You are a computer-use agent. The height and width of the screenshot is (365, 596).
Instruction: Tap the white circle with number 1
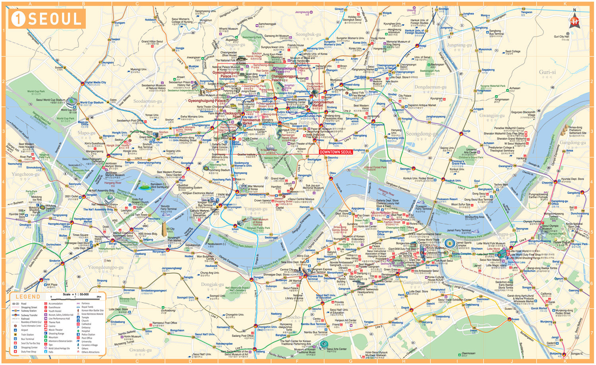18,19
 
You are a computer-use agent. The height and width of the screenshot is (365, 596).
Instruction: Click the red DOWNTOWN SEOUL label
336,152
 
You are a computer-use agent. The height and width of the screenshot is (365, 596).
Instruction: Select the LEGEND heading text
28,297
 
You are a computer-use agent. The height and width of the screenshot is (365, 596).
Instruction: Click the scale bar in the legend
75,297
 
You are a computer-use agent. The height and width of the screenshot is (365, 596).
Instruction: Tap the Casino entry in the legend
52,326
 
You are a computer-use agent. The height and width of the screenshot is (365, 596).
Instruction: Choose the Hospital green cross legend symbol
78,331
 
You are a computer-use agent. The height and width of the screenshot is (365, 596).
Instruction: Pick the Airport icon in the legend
15,330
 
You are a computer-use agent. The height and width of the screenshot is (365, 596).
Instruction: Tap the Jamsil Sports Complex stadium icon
450,243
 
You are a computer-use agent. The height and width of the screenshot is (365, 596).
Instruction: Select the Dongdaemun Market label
323,104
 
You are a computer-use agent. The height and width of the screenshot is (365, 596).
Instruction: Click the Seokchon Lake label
516,262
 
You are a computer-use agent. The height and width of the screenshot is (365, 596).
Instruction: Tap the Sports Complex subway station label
461,253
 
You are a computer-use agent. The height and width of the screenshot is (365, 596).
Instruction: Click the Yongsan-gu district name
255,209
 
